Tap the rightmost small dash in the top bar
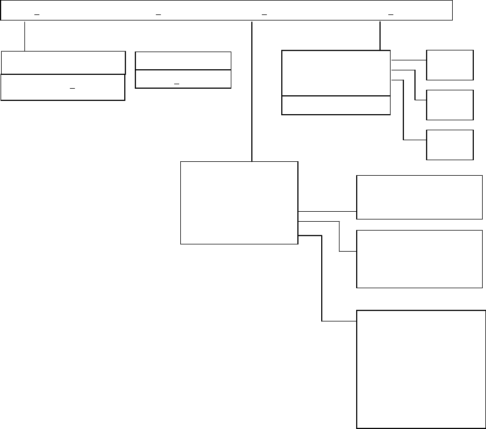[x=391, y=14]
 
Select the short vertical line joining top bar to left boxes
[x=24, y=36]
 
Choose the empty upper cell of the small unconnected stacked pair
[x=183, y=61]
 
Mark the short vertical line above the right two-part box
[x=380, y=36]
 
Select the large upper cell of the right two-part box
[x=336, y=73]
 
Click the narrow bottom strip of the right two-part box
[x=336, y=105]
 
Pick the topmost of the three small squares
[x=450, y=65]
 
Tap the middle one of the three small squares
[x=450, y=105]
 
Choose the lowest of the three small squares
[x=450, y=145]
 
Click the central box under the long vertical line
[x=239, y=202]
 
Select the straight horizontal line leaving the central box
[x=327, y=211]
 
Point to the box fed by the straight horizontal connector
[x=419, y=197]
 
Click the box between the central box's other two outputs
[x=419, y=259]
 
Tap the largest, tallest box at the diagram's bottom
[x=421, y=369]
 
